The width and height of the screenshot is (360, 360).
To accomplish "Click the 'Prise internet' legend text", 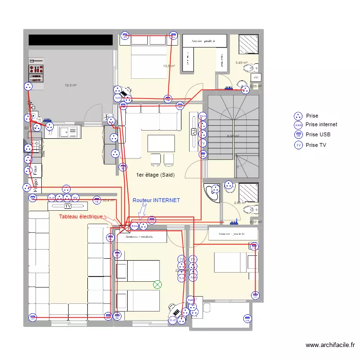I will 321,124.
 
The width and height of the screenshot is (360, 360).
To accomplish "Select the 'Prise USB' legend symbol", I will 298,135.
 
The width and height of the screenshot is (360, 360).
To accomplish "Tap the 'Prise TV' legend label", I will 316,145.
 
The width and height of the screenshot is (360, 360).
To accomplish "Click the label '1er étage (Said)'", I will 156,175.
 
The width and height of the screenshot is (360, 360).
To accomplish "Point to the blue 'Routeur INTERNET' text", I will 156,200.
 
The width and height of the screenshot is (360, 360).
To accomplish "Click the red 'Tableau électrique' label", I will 81,216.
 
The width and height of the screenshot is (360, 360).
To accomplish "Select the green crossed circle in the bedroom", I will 157,285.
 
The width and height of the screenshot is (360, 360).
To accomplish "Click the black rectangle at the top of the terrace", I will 71,40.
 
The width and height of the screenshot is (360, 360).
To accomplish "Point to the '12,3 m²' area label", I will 71,85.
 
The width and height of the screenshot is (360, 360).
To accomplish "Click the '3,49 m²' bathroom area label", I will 241,63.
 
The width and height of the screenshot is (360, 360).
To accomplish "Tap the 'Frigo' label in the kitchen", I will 35,184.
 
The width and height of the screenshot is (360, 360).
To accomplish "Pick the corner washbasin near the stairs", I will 210,191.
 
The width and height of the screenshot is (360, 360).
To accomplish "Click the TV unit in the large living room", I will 68,206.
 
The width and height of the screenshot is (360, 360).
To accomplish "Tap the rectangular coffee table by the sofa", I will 161,144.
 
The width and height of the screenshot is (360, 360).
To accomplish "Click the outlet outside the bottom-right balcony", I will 247,317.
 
